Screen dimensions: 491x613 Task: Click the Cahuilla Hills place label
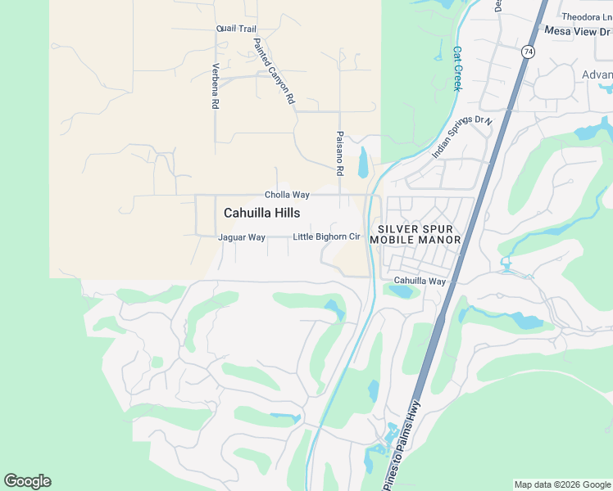tap(261, 213)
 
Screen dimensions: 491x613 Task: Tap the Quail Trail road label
tap(237, 29)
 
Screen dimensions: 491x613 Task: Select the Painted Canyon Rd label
tap(273, 72)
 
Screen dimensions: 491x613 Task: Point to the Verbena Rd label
tap(216, 87)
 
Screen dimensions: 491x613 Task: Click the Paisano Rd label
tap(339, 154)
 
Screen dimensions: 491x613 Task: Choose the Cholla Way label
tap(287, 195)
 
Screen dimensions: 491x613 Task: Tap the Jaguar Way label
tap(242, 237)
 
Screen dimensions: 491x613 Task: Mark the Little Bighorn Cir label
tap(327, 237)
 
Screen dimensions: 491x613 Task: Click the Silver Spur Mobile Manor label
tap(415, 233)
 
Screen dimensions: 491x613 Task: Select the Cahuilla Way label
tap(420, 281)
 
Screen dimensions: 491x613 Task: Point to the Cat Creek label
tap(458, 67)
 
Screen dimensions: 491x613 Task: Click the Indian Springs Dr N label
tap(461, 137)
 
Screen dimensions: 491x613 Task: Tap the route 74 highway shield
tap(528, 51)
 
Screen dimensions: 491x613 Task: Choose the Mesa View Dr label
tap(579, 31)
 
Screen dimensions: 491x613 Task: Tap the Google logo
tap(27, 481)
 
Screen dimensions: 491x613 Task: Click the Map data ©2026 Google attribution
tap(562, 484)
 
